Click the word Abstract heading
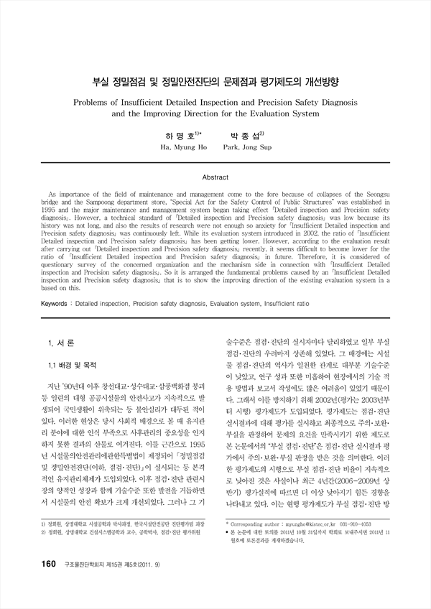click(215, 176)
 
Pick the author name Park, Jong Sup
click(248, 147)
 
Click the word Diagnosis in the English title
click(335, 102)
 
